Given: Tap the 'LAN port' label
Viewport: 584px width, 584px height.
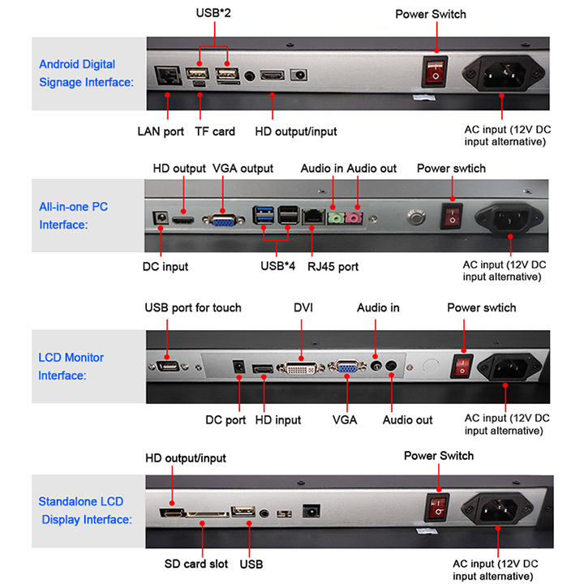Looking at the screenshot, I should click(x=161, y=131).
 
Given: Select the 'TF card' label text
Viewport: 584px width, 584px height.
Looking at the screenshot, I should click(x=215, y=131).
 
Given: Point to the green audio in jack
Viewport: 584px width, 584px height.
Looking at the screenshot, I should click(x=333, y=217).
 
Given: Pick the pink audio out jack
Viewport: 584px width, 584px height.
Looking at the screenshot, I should click(x=354, y=217).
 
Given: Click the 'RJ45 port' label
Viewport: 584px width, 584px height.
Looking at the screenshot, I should click(x=332, y=266).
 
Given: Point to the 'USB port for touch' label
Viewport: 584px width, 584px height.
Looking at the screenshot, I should click(x=193, y=308).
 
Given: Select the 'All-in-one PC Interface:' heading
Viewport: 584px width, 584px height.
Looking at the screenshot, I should click(x=74, y=216).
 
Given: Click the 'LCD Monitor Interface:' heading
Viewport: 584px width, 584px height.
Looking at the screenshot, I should click(x=71, y=367).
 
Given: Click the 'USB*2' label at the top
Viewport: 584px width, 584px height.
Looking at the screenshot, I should click(x=215, y=14).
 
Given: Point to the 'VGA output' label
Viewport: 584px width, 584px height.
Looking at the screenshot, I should click(x=243, y=168).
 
